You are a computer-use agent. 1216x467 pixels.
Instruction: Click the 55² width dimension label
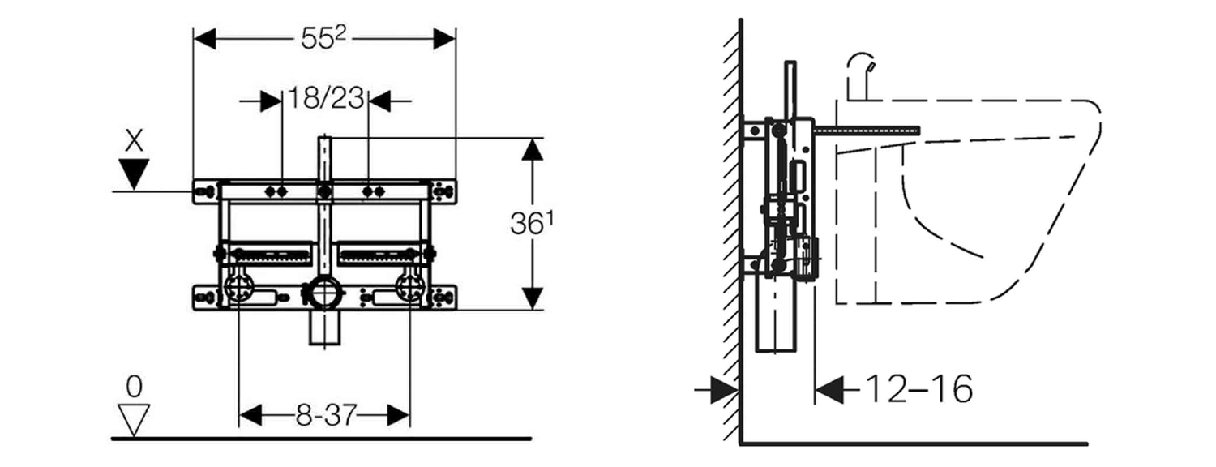click(x=323, y=38)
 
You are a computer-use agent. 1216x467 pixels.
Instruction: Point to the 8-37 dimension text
click(x=323, y=416)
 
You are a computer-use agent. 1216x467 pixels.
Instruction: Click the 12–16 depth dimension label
click(x=918, y=390)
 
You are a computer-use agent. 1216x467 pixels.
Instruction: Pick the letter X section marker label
click(x=135, y=142)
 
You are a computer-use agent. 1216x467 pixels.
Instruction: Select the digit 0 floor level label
click(x=135, y=387)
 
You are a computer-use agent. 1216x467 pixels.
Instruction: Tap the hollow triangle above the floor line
click(x=135, y=418)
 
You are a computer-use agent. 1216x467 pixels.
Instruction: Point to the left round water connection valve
click(x=241, y=289)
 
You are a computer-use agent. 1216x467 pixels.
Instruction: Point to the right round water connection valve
click(x=409, y=289)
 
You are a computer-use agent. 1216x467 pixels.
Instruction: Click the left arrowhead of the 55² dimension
click(x=203, y=38)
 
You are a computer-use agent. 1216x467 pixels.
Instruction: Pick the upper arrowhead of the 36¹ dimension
click(x=532, y=150)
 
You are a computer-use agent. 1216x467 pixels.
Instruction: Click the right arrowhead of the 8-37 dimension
click(x=398, y=416)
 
